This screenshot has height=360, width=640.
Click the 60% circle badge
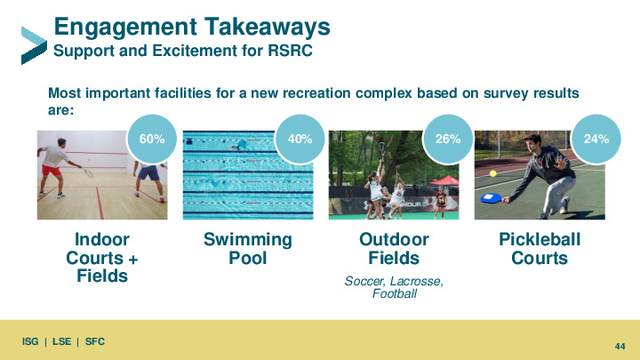pyautogui.click(x=152, y=140)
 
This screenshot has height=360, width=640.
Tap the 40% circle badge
pyautogui.click(x=300, y=140)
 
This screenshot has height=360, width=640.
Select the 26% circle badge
pyautogui.click(x=448, y=140)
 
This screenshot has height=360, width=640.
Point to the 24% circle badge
pyautogui.click(x=596, y=140)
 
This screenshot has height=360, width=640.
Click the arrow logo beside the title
pyautogui.click(x=34, y=45)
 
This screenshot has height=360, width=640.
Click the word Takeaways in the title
pyautogui.click(x=268, y=27)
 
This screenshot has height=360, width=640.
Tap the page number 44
pyautogui.click(x=620, y=346)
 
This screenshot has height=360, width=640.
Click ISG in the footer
pyautogui.click(x=30, y=341)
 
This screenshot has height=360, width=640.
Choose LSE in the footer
pyautogui.click(x=61, y=341)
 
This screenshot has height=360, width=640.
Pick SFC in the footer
pyautogui.click(x=95, y=341)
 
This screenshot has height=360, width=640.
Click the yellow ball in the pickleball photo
pyautogui.click(x=493, y=173)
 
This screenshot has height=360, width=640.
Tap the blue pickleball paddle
pyautogui.click(x=492, y=198)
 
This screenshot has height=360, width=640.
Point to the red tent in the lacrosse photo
pyautogui.click(x=444, y=180)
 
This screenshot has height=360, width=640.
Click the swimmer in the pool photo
pyautogui.click(x=240, y=145)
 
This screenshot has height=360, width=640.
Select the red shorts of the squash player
pyautogui.click(x=51, y=170)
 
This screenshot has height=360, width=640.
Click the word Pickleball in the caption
pyautogui.click(x=540, y=240)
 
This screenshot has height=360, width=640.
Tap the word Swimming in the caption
pyautogui.click(x=248, y=240)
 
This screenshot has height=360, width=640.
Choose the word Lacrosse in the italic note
pyautogui.click(x=416, y=281)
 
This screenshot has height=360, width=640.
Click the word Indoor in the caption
pyautogui.click(x=102, y=240)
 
